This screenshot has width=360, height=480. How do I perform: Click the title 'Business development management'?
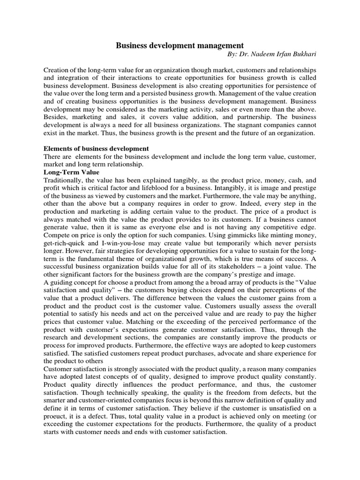pos(180,45)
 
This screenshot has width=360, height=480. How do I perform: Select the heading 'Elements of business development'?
pos(96,149)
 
